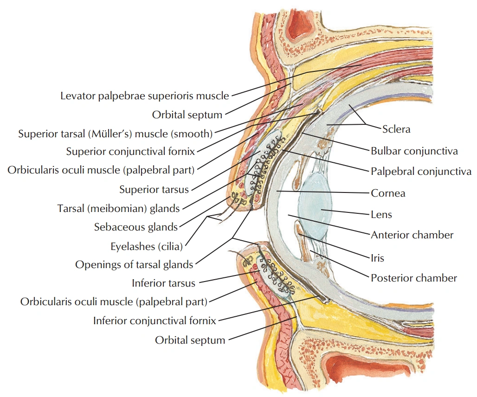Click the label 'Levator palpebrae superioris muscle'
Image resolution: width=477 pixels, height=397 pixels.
(x=145, y=96)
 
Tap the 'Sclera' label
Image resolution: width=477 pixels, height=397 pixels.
(x=396, y=129)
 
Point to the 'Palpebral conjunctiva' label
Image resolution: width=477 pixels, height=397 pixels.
(x=421, y=172)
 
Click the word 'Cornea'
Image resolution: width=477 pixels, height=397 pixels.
(x=388, y=193)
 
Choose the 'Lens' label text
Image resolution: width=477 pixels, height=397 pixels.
(x=381, y=214)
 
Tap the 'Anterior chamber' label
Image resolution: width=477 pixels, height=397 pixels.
(x=412, y=235)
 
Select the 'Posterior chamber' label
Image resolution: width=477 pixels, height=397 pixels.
(x=414, y=278)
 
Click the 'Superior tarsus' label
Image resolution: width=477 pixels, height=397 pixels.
(x=154, y=189)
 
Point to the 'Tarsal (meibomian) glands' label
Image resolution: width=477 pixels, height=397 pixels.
(x=118, y=208)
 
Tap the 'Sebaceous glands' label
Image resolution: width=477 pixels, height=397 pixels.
(x=136, y=227)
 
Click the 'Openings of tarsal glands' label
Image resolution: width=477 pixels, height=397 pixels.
(x=134, y=265)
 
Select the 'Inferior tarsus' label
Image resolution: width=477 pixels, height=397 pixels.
(x=164, y=283)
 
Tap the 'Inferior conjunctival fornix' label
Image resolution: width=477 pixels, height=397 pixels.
(x=155, y=320)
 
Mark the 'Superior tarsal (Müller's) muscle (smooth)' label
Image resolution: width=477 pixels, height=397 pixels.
(x=115, y=134)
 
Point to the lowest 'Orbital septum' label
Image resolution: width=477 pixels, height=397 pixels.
(x=190, y=340)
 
